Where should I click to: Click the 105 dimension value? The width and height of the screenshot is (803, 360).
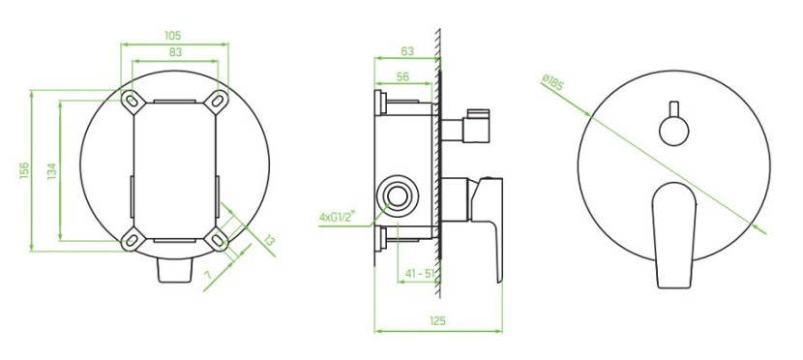[x=172, y=36]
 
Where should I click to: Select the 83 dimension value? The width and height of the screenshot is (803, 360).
[x=175, y=52]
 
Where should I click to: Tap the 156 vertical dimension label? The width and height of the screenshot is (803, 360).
[x=24, y=170]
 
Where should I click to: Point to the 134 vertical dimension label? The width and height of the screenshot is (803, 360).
[x=52, y=171]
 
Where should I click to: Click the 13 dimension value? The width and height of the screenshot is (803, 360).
[x=269, y=240]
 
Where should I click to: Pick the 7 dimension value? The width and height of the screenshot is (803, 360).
[x=208, y=275]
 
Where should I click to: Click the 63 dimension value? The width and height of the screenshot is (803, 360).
[x=407, y=51]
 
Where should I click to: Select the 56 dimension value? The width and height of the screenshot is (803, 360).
[x=403, y=76]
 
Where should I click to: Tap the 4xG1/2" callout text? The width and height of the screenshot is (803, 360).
[x=338, y=217]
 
